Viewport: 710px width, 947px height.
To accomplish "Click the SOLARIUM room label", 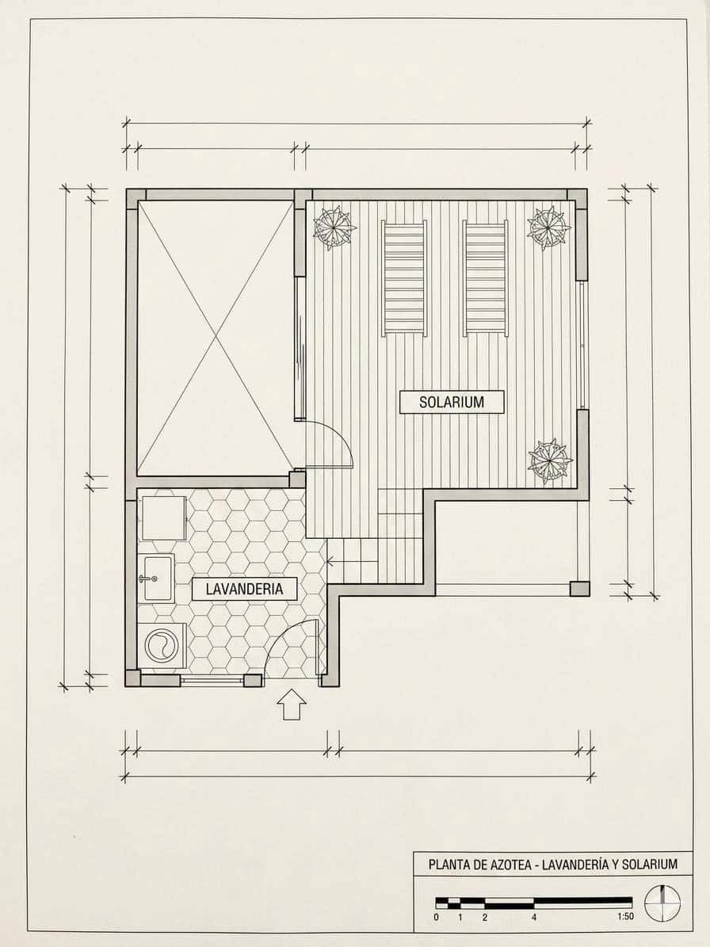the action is pyautogui.click(x=452, y=403).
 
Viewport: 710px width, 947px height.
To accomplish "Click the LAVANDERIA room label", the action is pyautogui.click(x=245, y=589).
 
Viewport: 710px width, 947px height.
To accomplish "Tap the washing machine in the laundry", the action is pyautogui.click(x=162, y=646).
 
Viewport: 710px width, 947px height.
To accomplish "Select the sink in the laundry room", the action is pyautogui.click(x=156, y=578).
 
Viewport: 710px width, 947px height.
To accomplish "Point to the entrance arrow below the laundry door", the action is pyautogui.click(x=292, y=705).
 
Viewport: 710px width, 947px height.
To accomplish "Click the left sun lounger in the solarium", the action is pyautogui.click(x=404, y=278).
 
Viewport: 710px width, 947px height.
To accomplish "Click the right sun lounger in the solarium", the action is pyautogui.click(x=486, y=278).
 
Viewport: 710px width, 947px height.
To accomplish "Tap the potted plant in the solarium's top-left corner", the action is pyautogui.click(x=334, y=228).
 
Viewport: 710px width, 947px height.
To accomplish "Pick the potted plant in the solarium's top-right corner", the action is pyautogui.click(x=548, y=228).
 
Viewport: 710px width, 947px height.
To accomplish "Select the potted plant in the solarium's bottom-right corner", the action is pyautogui.click(x=549, y=461).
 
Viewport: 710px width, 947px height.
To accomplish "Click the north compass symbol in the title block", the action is pyautogui.click(x=662, y=903).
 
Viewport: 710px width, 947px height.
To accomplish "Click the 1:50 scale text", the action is pyautogui.click(x=625, y=917).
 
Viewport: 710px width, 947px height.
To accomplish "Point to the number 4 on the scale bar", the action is pyautogui.click(x=534, y=917).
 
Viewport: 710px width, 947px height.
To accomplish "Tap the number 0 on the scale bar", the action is pyautogui.click(x=436, y=917).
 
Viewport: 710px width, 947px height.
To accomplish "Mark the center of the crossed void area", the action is pyautogui.click(x=216, y=339).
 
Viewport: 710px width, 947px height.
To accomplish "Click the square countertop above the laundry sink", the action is pyautogui.click(x=164, y=517).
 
